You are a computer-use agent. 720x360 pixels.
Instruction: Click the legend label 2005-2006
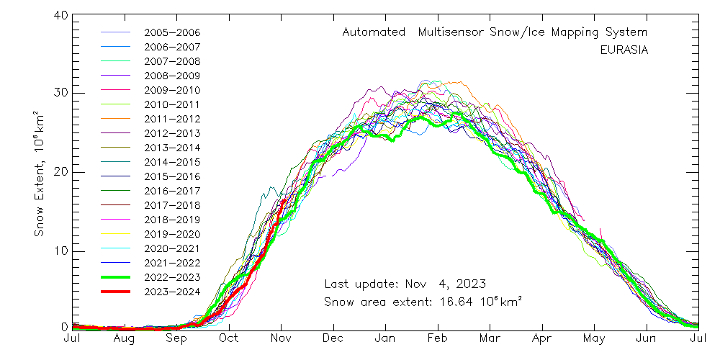point(172,33)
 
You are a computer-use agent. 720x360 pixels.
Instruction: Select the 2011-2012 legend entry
point(172,119)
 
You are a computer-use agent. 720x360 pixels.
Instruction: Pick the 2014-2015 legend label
point(172,162)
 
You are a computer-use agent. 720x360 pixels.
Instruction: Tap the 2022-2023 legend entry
point(172,277)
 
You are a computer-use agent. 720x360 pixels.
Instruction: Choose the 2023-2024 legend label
point(172,292)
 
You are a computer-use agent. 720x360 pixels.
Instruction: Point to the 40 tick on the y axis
point(60,15)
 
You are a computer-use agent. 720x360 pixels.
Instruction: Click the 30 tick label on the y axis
point(60,93)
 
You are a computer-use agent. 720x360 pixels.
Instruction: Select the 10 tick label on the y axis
point(60,251)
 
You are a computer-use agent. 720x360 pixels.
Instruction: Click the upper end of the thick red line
point(284,200)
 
